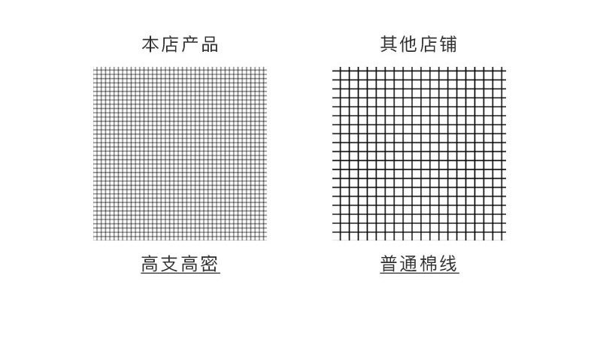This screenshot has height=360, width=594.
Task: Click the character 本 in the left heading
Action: click(x=150, y=44)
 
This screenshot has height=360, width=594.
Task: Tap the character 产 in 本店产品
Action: click(x=189, y=44)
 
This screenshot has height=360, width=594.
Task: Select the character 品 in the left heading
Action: click(x=210, y=44)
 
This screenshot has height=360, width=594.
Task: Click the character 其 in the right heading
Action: click(x=389, y=44)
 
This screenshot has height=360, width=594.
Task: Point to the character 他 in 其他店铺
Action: click(x=409, y=44)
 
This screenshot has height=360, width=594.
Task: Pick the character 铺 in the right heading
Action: click(x=449, y=44)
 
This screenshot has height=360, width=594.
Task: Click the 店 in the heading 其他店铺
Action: click(x=429, y=44)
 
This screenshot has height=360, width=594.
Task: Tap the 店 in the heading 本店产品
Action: click(x=170, y=44)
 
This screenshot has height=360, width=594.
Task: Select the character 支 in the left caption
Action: click(x=170, y=264)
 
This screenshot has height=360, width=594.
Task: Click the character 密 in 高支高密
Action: click(x=211, y=264)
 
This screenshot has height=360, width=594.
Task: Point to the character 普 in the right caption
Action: click(x=389, y=264)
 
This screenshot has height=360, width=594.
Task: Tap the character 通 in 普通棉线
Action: click(x=409, y=264)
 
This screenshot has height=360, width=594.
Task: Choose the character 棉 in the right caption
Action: click(x=429, y=264)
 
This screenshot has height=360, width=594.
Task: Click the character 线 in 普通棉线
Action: click(x=449, y=264)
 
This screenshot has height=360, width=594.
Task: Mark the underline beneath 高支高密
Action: click(x=180, y=274)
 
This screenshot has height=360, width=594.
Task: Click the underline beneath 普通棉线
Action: click(x=420, y=274)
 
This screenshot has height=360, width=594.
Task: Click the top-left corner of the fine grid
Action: click(x=94, y=68)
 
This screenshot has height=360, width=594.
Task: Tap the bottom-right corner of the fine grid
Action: click(x=267, y=241)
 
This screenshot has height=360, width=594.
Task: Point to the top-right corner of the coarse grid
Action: click(x=505, y=68)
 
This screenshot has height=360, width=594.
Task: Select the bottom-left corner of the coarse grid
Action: click(x=333, y=241)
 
